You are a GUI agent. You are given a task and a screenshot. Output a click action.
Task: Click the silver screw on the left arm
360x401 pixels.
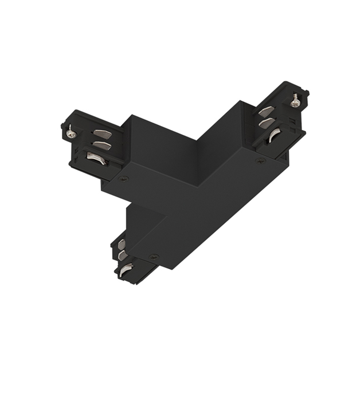click(71, 133)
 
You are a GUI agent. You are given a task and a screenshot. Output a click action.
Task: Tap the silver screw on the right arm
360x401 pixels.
click(296, 102)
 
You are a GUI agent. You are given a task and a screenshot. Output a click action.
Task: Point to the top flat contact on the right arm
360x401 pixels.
click(266, 112)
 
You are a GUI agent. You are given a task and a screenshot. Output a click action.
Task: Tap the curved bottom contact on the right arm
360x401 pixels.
click(273, 135)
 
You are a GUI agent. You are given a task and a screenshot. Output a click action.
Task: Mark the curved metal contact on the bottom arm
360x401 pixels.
click(126, 267)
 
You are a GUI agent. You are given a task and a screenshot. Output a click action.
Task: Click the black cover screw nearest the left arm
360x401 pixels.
click(124, 178)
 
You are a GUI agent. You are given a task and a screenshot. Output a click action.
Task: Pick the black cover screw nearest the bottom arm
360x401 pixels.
click(153, 256)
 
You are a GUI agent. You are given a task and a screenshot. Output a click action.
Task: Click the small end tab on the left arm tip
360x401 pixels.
click(62, 124)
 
